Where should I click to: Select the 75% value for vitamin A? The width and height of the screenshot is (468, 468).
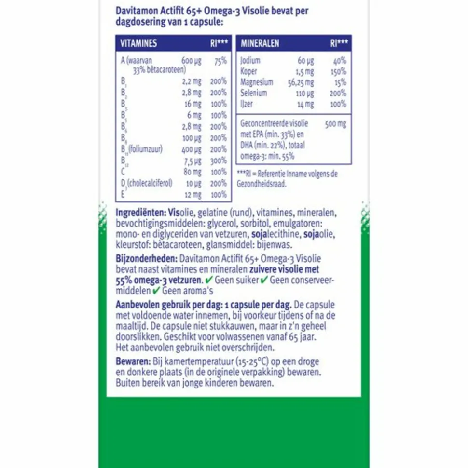tap(220, 61)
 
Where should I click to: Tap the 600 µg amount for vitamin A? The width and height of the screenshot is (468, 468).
tap(191, 61)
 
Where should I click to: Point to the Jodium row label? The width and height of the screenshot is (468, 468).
tap(250, 61)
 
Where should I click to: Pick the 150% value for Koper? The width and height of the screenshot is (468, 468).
tap(338, 71)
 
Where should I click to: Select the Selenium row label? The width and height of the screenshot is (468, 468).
tap(253, 93)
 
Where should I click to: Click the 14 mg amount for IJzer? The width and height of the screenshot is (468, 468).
tap(305, 104)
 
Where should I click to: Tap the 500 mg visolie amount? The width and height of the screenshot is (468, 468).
tap(335, 124)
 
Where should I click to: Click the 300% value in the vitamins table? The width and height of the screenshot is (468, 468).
tap(218, 160)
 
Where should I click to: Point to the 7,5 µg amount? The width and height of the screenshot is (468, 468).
tap(192, 160)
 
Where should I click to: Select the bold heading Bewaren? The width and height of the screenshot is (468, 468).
tap(131, 361)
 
